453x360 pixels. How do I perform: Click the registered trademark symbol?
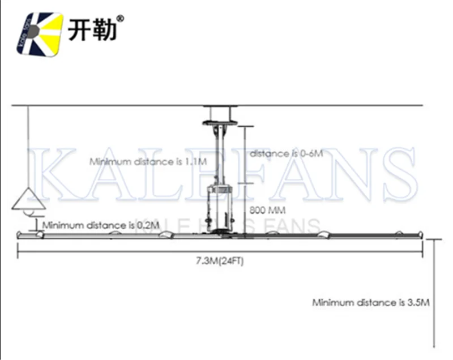[x=119, y=18]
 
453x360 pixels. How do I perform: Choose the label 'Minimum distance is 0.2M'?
[x=101, y=225]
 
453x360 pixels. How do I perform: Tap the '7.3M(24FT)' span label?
[x=220, y=261]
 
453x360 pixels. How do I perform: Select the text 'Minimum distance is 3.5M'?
[x=370, y=302]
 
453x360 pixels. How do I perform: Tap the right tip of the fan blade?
[x=420, y=233]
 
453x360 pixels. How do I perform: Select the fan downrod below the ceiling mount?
[x=220, y=153]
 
